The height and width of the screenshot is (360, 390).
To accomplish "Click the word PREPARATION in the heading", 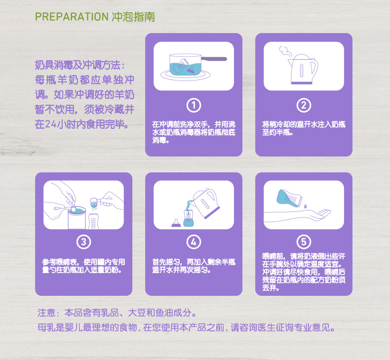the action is coord(72,17).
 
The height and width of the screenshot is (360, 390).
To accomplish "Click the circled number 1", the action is coord(194,105).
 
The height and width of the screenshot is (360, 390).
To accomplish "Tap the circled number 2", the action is coord(304,105).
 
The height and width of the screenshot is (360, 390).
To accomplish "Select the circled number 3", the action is coord(83,242).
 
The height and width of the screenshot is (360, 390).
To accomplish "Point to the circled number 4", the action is coord(194,242).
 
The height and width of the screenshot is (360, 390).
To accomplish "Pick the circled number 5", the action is coord(304,242).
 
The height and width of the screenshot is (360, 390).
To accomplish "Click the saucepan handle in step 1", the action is coord(214,59).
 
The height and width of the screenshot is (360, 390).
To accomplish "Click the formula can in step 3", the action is coord(77,218).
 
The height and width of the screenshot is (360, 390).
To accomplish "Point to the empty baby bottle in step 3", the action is coord(93,221).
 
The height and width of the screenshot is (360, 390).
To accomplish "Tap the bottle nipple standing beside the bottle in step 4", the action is coord(176,223).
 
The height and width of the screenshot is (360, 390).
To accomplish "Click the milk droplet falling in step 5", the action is coord(305,206).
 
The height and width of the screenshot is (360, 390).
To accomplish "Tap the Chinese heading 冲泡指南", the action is coord(133,17).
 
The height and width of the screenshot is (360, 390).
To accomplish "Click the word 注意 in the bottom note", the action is coord(46,313).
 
